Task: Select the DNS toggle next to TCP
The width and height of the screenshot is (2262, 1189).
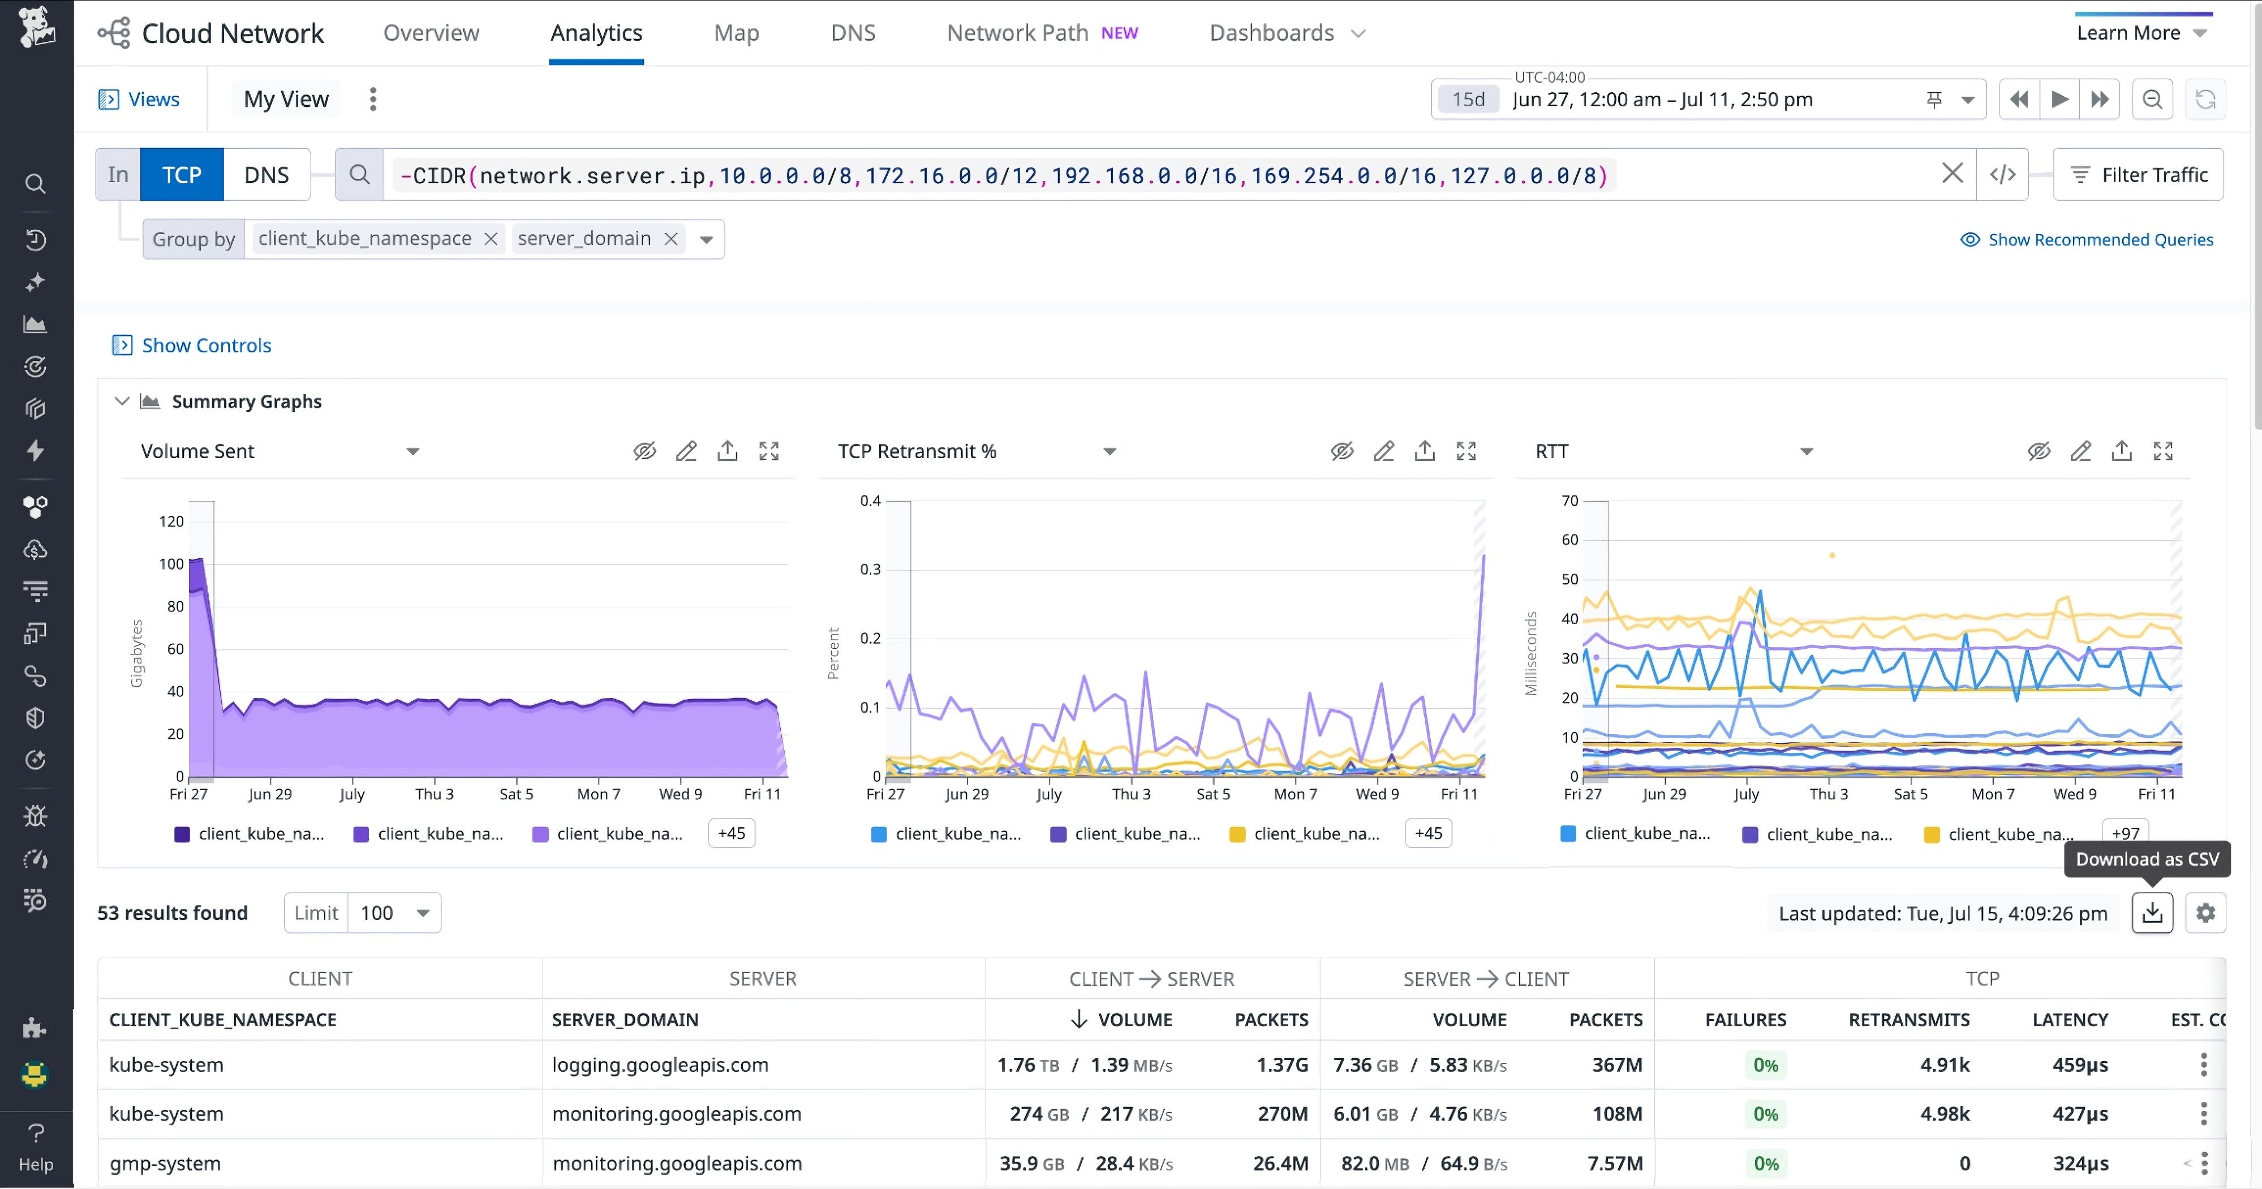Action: coord(266,175)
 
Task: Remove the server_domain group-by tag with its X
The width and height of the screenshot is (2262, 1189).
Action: coord(671,239)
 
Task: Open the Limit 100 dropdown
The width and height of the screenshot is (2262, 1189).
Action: coord(394,914)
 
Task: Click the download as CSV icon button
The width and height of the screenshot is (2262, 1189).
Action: coord(2152,914)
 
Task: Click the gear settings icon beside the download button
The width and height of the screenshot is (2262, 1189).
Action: coord(2205,914)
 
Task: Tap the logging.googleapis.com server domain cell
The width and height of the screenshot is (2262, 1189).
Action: coord(660,1065)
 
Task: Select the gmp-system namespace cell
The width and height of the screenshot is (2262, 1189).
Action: coord(165,1164)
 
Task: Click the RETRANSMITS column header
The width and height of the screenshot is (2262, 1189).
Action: coord(1908,1019)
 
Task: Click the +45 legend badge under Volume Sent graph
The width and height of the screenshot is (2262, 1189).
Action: coord(732,833)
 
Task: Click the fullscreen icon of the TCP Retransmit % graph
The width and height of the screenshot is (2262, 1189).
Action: coord(1465,451)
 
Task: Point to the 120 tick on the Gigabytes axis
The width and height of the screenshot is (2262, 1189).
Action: coord(171,522)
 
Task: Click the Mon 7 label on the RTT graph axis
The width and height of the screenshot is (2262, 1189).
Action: coord(1993,794)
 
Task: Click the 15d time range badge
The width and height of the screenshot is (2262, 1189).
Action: coord(1468,99)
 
